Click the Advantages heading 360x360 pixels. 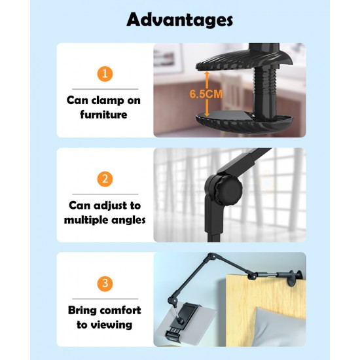point(180,20)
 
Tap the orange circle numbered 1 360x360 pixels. point(105,73)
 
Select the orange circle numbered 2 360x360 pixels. point(105,179)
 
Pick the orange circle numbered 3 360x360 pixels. point(105,284)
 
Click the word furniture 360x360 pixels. point(105,115)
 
